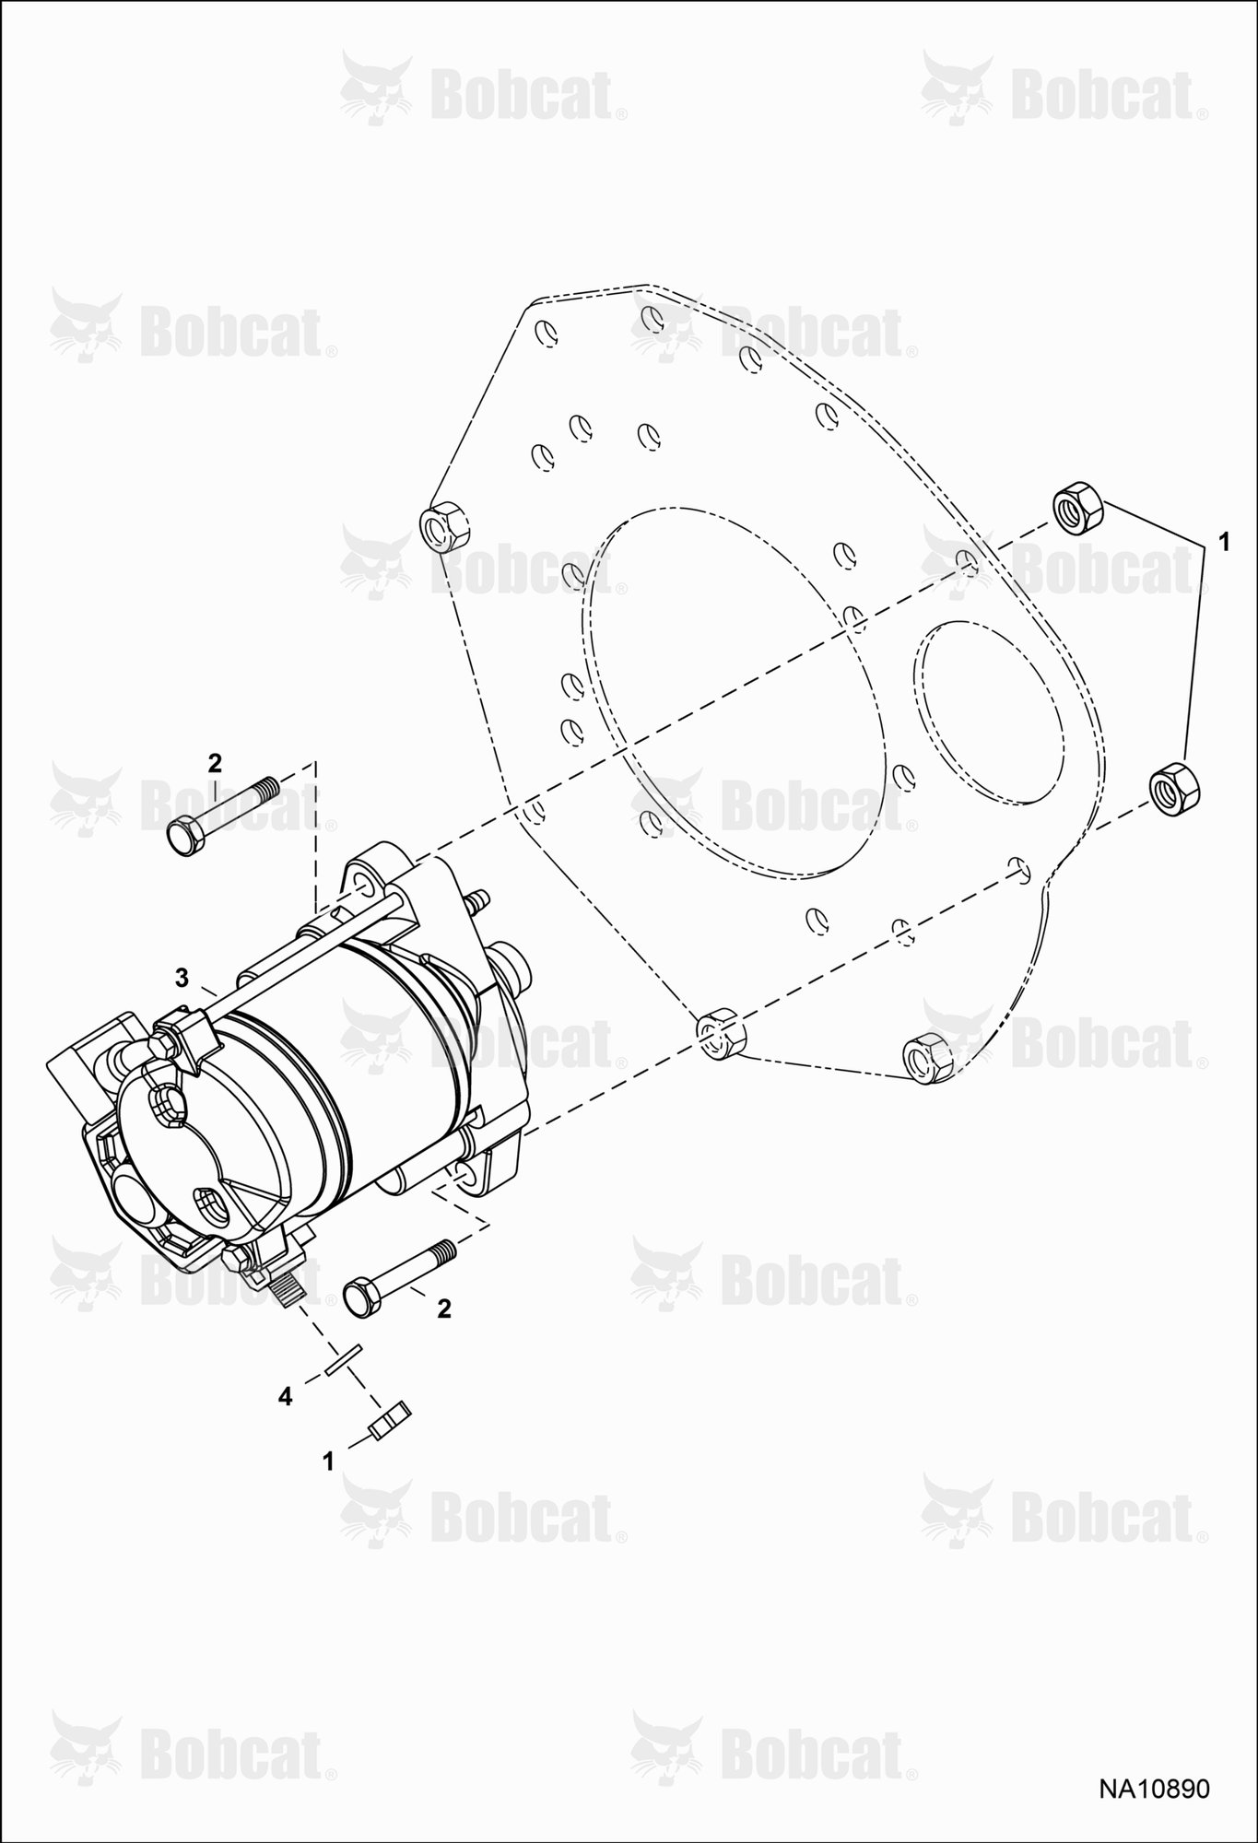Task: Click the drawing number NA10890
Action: (x=1152, y=1789)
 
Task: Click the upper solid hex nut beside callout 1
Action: (x=1076, y=507)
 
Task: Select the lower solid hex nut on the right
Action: (x=1176, y=788)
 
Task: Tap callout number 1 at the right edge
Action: (x=1224, y=543)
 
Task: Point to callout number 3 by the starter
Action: (x=182, y=977)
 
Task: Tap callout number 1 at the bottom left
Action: (x=328, y=1461)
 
